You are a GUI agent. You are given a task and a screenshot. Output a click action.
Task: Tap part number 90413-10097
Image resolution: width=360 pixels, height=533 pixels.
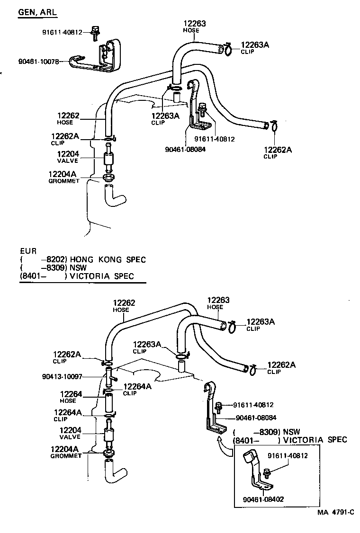pyautogui.click(x=63, y=377)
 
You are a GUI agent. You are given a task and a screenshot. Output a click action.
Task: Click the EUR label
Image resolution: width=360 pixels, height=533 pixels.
pyautogui.click(x=27, y=251)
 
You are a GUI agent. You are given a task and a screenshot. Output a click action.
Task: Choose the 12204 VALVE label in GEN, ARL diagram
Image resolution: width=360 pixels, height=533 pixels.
pyautogui.click(x=68, y=157)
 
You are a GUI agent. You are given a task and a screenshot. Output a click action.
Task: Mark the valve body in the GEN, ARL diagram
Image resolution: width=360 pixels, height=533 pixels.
pyautogui.click(x=108, y=159)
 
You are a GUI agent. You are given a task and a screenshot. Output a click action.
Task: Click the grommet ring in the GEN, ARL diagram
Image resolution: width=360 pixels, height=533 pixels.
pyautogui.click(x=108, y=178)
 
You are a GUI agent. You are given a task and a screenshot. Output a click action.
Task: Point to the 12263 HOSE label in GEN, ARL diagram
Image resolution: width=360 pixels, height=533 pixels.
pyautogui.click(x=194, y=27)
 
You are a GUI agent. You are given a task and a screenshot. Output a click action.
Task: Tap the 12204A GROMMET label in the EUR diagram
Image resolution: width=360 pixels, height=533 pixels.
pyautogui.click(x=68, y=452)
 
